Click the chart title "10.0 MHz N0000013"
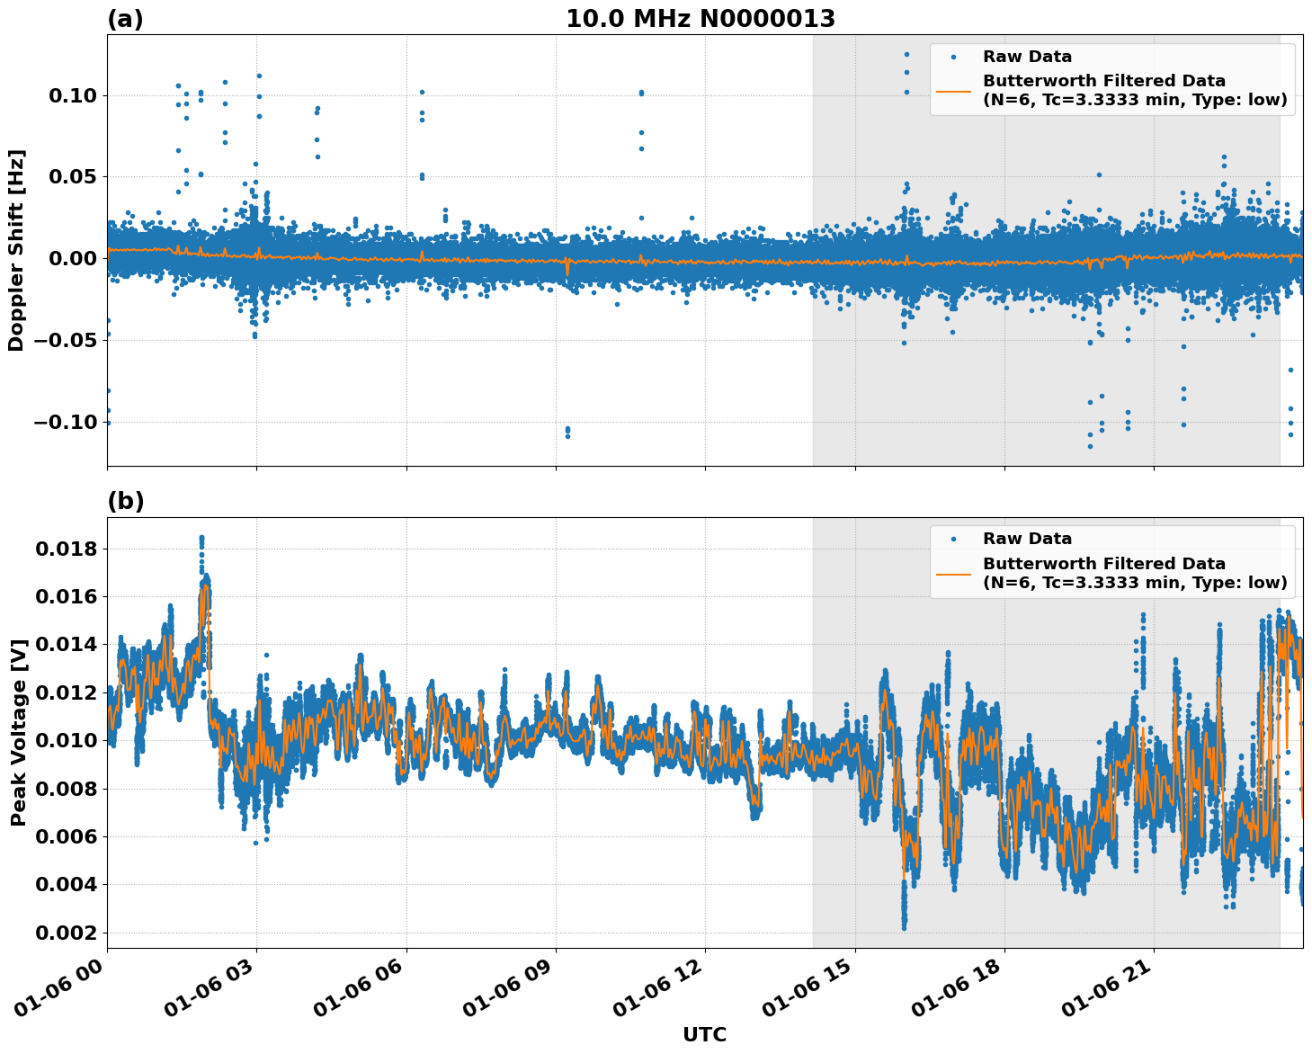(700, 19)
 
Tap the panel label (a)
(125, 19)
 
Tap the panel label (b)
(125, 501)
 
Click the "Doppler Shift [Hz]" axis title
(16, 250)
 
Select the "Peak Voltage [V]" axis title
(18, 732)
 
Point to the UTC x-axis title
(704, 1034)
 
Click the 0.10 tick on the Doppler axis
(77, 95)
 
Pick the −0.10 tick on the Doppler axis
(72, 422)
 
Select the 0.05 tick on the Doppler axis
(77, 177)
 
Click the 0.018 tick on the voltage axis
(67, 549)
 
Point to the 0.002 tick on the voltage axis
(67, 933)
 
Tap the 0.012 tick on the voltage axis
(67, 692)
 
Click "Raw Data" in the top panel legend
(1027, 57)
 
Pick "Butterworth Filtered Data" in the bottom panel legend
(1103, 564)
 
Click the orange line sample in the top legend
(953, 90)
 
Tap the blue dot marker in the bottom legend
(953, 539)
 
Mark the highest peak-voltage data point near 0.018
(201, 538)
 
